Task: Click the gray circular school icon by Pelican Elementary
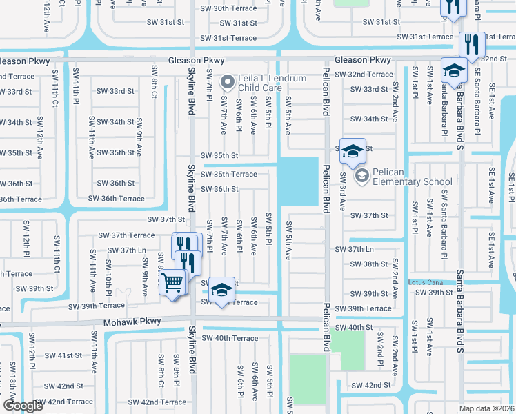361,177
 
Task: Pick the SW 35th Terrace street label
228,175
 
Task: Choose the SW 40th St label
355,327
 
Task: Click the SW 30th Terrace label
228,8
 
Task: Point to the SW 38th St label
369,264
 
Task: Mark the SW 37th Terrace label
126,235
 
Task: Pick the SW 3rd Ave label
341,197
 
